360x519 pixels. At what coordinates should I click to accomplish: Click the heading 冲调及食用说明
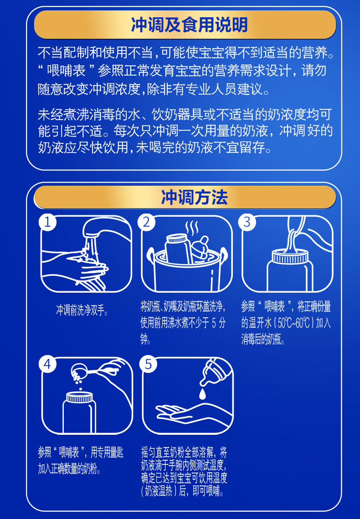tap(189, 25)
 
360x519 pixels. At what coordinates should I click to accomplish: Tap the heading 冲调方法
tap(194, 197)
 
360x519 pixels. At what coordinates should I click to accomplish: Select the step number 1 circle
tap(48, 222)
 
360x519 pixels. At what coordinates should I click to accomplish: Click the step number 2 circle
tap(147, 222)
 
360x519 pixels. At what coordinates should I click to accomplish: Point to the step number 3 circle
tap(247, 222)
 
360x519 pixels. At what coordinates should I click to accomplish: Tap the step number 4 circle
tap(48, 364)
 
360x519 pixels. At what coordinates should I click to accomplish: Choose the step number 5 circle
tap(148, 364)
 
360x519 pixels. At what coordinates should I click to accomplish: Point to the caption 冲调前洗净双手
tap(82, 310)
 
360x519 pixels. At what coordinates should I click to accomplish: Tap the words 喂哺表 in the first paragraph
tap(66, 71)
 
